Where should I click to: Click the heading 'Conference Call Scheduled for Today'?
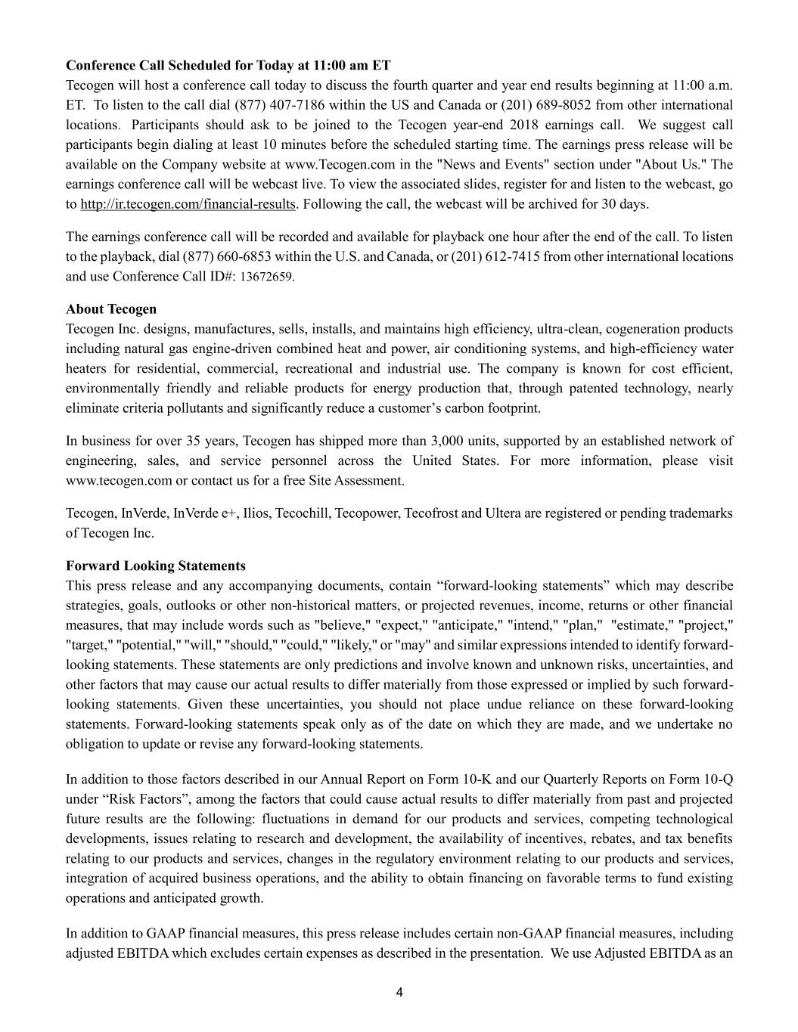[x=228, y=66]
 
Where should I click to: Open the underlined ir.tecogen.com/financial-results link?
[x=188, y=203]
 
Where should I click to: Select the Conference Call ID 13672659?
[x=266, y=277]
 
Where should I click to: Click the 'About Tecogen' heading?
[x=111, y=309]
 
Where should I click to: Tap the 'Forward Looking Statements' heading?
[x=156, y=566]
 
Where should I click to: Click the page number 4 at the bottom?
[x=399, y=993]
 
